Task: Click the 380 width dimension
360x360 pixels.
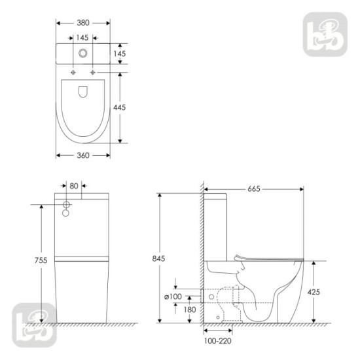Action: click(83, 21)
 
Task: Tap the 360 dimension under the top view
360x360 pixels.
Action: click(83, 155)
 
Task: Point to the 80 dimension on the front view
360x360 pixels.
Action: click(74, 186)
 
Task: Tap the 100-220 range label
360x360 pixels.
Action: click(216, 341)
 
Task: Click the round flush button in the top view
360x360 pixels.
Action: click(83, 54)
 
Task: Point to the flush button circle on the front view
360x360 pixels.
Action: click(66, 205)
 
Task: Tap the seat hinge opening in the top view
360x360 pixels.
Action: click(83, 93)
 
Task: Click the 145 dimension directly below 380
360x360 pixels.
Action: click(83, 37)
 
